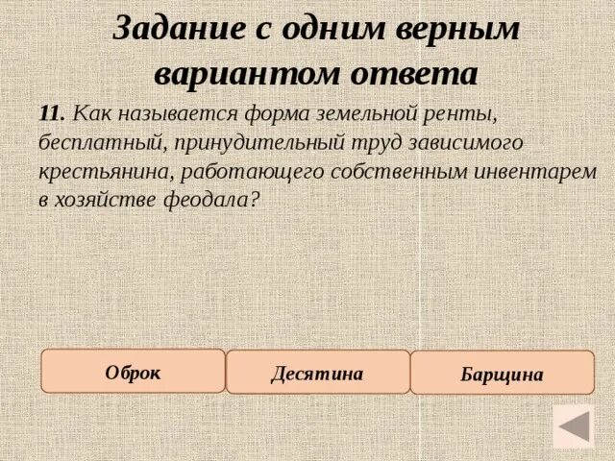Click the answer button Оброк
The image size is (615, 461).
pos(133,372)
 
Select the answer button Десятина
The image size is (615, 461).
pos(318,373)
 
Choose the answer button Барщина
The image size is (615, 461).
pos(502,374)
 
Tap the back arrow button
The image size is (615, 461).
pos(574,426)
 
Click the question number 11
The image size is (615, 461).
pos(51,112)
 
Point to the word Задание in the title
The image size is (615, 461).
pos(179,28)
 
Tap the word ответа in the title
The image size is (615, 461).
pos(419,73)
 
